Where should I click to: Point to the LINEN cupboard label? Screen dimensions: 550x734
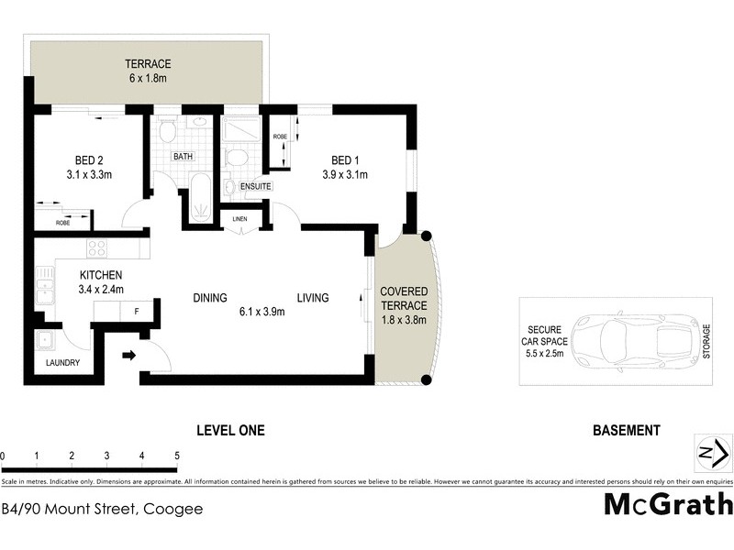point(240,218)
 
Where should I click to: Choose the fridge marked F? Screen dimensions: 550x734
point(137,312)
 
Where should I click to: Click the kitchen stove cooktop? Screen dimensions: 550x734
point(97,247)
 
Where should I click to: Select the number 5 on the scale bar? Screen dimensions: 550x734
point(176,456)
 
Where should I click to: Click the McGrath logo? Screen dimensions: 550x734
point(667,505)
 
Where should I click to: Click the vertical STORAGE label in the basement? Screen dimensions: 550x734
point(706,341)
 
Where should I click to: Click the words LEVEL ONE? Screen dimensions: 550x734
point(231,430)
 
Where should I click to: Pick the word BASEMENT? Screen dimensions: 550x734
point(627,430)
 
